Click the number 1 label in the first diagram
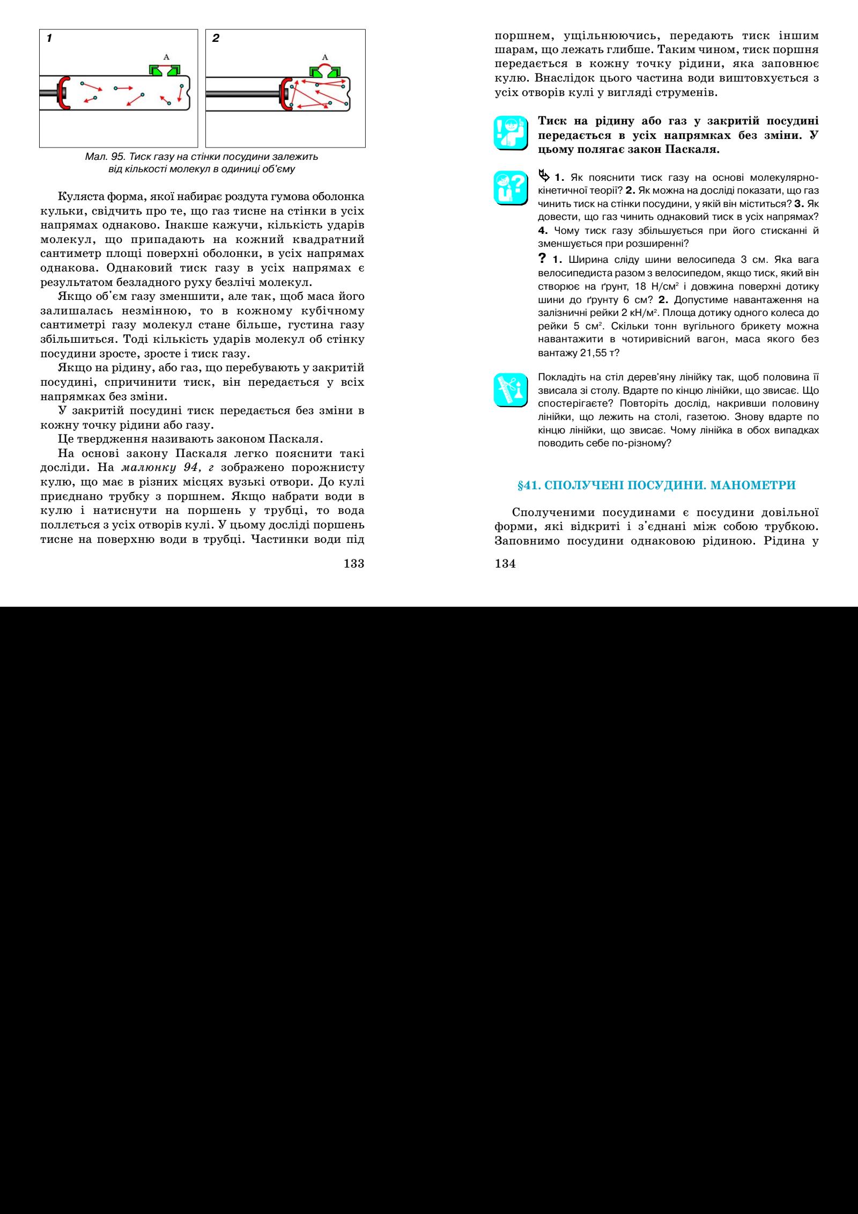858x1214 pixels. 49,38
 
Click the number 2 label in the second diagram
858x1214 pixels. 216,38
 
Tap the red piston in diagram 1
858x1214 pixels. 64,93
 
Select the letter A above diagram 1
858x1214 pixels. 166,57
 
